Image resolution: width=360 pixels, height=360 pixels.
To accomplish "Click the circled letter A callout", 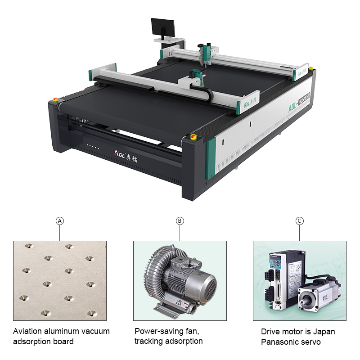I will pos(60,221).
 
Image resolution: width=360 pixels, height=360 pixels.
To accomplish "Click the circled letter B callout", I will pos(180,221).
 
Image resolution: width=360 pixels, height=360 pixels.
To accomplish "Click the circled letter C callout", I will pos(300,221).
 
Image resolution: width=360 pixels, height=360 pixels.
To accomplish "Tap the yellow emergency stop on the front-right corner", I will pos(193,136).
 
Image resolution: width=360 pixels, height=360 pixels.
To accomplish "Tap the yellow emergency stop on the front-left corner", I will pos(56,99).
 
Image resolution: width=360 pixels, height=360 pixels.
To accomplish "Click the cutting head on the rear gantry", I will pos(206,53).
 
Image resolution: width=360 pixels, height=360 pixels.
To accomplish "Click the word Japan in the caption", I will pos(324,332).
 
